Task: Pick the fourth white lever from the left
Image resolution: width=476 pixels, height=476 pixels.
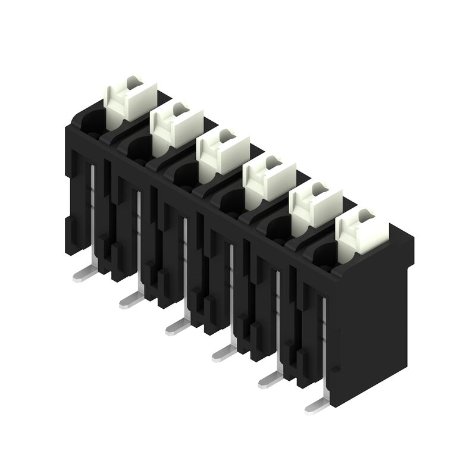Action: click(269, 179)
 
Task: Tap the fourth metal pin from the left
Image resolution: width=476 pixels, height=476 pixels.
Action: click(223, 353)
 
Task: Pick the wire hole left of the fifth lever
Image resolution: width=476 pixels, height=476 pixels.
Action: click(275, 228)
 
